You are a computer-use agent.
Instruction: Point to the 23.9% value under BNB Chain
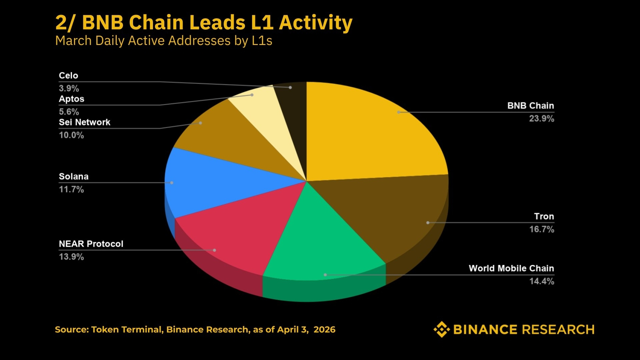pos(541,119)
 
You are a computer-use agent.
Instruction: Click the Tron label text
pos(544,216)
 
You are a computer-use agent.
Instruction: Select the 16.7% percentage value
pos(542,229)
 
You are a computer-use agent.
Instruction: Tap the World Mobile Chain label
pos(511,268)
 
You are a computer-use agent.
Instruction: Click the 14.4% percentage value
pos(542,281)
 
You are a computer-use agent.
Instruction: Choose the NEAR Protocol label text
pos(91,244)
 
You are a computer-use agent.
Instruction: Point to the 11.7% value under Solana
pos(71,190)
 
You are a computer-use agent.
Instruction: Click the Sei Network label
pos(84,122)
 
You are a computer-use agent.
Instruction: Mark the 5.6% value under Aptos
pos(69,112)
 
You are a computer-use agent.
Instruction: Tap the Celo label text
pos(68,76)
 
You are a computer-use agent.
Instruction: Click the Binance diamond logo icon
pos(442,329)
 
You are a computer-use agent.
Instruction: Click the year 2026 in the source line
pos(324,330)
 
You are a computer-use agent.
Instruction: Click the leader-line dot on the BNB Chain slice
pos(399,112)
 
